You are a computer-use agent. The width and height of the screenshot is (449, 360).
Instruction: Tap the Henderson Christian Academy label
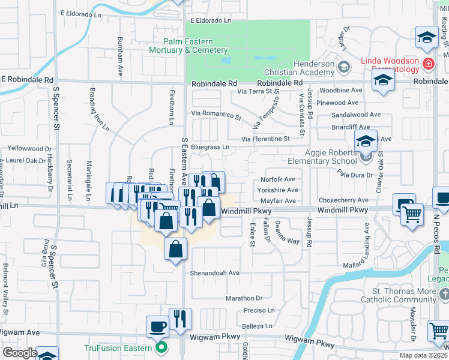[313, 68]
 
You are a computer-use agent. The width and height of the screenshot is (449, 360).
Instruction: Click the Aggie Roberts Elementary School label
[322, 157]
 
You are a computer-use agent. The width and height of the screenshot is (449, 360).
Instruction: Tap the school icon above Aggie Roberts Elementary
[366, 142]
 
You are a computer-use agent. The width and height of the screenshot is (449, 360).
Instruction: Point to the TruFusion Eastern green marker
[160, 347]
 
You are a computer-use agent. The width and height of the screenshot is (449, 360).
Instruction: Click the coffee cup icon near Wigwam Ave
[158, 326]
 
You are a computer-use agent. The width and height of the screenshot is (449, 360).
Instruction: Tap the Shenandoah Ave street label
[215, 272]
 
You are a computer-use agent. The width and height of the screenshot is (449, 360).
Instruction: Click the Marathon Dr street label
[244, 298]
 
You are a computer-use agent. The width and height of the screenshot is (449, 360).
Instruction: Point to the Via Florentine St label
[265, 139]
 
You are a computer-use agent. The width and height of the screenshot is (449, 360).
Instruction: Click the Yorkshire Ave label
[277, 190]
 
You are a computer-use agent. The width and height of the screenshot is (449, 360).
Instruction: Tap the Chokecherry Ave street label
[343, 200]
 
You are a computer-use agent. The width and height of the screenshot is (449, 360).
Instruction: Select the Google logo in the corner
[20, 353]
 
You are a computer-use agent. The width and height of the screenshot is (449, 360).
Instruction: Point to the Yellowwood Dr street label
[27, 148]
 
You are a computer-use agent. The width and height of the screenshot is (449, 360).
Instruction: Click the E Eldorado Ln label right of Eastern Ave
[211, 20]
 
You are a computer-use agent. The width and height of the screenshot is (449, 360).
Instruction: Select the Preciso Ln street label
[259, 310]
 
